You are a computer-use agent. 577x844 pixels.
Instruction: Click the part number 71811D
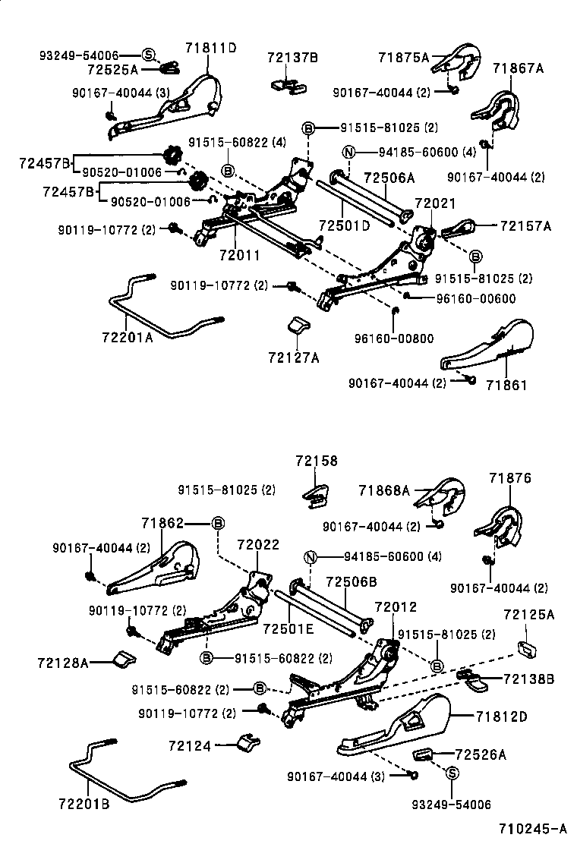[210, 48]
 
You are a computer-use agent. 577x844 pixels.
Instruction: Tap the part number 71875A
[403, 57]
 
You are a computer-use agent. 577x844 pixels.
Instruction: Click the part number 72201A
[127, 338]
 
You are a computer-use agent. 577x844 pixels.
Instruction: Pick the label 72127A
[293, 357]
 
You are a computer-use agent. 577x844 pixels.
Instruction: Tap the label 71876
[510, 478]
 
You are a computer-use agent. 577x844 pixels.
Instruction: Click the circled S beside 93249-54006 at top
[149, 54]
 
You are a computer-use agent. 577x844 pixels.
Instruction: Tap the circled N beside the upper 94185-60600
[348, 152]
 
